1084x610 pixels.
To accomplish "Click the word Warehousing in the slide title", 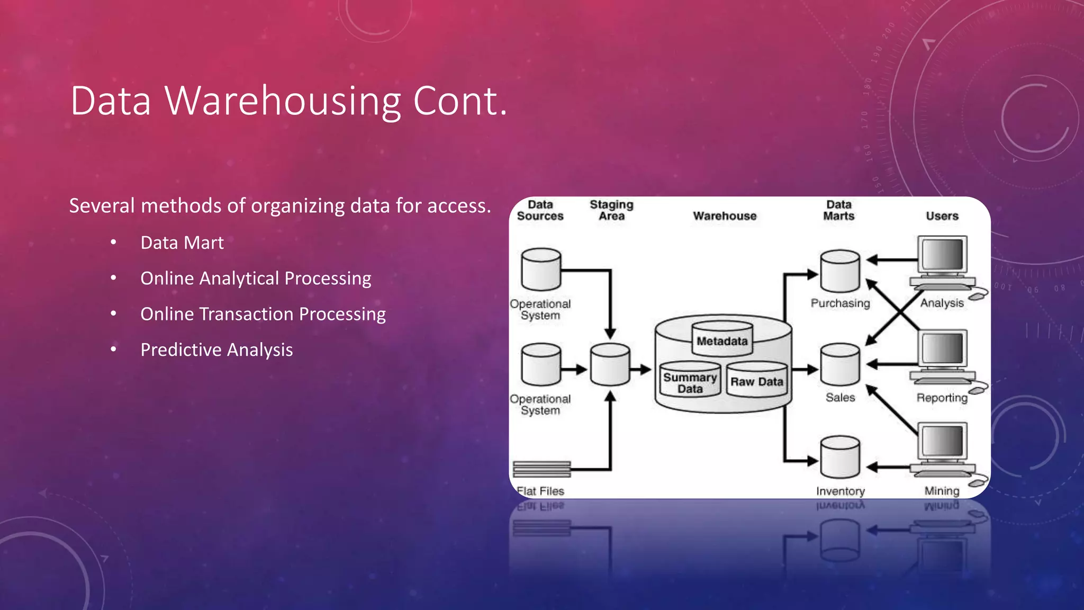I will (x=283, y=101).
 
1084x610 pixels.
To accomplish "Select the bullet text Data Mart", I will (x=182, y=243).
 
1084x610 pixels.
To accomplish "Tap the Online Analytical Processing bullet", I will (x=256, y=278).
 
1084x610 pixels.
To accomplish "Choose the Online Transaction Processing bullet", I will (x=263, y=314).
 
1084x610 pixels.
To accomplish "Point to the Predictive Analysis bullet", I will (x=216, y=349).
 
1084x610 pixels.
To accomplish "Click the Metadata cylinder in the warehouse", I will (x=722, y=339).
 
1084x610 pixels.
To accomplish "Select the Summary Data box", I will (x=690, y=380).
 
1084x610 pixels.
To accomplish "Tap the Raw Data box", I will (x=757, y=379).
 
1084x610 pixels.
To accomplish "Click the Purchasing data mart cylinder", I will (x=840, y=271).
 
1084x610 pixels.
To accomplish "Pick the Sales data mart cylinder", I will (x=840, y=365).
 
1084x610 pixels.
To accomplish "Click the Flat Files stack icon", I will (x=541, y=469).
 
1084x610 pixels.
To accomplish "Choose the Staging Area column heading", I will (x=611, y=210).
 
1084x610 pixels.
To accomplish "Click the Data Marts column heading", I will (x=839, y=210).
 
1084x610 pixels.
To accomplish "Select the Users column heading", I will (x=942, y=216).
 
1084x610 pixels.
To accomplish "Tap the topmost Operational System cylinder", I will (x=541, y=270).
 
